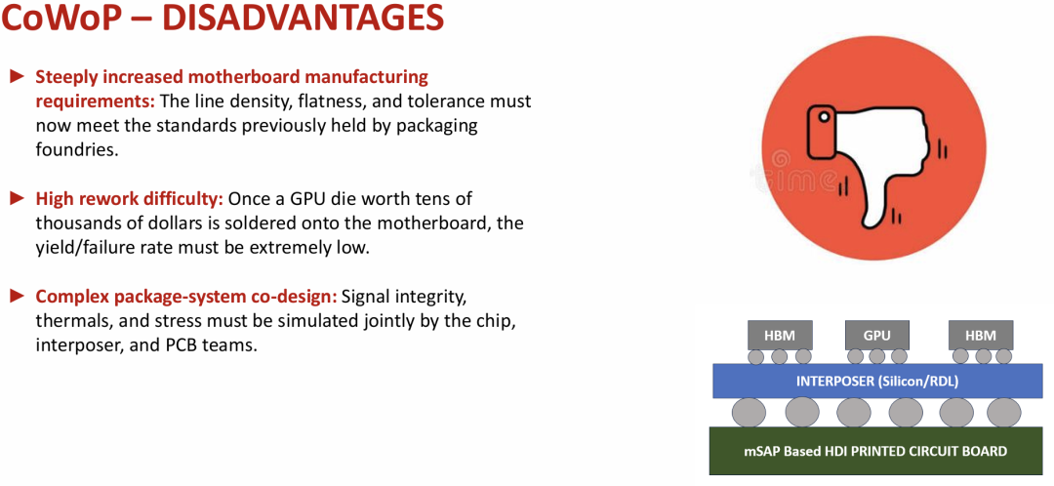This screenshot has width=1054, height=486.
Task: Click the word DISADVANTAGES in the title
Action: [303, 19]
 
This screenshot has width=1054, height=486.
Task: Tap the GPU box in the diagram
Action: [876, 335]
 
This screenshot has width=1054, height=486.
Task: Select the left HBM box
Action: [780, 335]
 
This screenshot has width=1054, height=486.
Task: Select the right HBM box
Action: [981, 335]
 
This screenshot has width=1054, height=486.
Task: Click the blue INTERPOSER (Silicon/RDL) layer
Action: [877, 382]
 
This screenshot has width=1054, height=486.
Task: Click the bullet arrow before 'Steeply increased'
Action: [17, 77]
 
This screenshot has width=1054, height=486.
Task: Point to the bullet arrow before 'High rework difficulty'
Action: [17, 198]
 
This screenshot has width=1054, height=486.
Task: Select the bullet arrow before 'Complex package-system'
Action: [17, 296]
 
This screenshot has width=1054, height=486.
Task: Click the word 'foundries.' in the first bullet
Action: [77, 149]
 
